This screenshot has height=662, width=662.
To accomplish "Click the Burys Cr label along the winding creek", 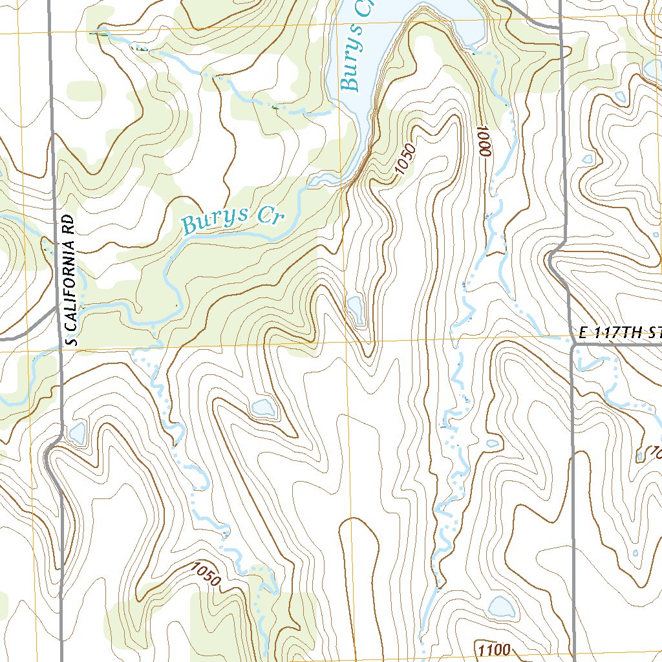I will (233, 220).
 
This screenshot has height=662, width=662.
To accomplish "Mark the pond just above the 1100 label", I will (501, 606).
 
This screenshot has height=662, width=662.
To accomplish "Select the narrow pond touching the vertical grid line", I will (355, 310).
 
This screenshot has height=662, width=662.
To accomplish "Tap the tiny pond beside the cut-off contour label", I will (640, 456).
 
